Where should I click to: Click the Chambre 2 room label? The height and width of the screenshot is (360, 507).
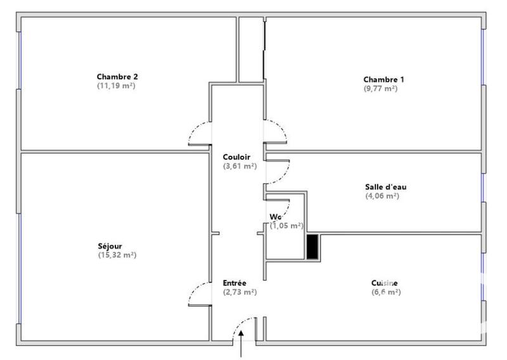tap(117, 77)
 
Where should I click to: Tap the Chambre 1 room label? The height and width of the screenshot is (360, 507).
tap(383, 79)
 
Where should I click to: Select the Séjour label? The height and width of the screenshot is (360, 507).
tap(110, 246)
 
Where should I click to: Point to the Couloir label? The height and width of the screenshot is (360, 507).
tap(236, 157)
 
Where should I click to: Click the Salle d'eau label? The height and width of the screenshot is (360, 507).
tap(382, 186)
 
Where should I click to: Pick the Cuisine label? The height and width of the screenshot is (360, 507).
tap(385, 283)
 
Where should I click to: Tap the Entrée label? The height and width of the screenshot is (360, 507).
tap(234, 283)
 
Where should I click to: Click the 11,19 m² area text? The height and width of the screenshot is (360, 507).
tap(116, 86)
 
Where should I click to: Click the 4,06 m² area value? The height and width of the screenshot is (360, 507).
tap(382, 196)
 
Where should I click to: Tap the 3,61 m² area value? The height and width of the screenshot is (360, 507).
tap(239, 166)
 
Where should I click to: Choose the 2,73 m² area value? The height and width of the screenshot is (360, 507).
tap(239, 292)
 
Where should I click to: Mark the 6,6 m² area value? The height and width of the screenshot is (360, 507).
tap(386, 292)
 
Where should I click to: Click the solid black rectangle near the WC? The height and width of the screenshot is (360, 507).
tap(312, 247)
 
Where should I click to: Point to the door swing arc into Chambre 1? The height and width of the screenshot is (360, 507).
tap(278, 131)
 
